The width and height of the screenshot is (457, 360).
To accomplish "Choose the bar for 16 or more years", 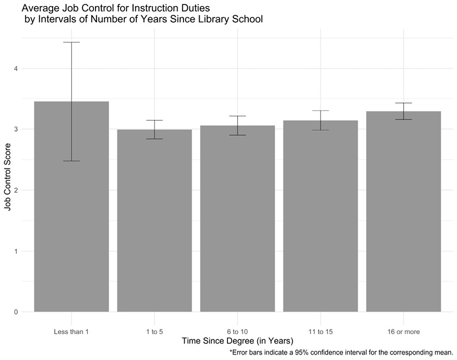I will pos(403,212).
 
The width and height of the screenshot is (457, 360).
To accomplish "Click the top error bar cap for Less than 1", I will pos(71,42).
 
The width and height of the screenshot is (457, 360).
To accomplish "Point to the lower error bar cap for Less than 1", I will pos(71,161).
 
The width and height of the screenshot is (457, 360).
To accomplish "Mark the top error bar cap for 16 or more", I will pos(403,103).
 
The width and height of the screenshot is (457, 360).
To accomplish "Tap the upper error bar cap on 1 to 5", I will pos(154,121).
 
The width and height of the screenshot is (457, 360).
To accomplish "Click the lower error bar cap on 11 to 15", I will pos(320,130).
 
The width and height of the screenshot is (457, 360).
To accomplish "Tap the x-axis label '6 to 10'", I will pos(237,331).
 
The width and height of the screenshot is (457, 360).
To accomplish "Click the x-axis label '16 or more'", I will pos(403,331).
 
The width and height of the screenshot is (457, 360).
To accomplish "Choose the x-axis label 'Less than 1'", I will pos(71,331).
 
